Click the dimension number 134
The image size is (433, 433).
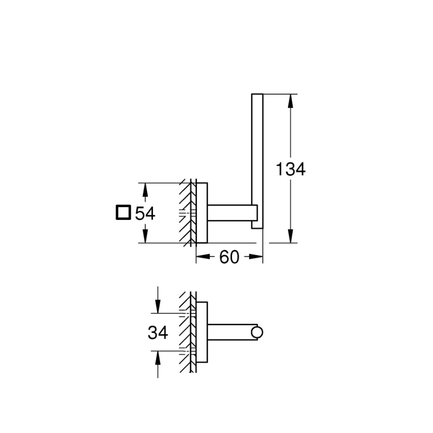pos(291,169)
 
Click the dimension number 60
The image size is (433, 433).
pos(229,257)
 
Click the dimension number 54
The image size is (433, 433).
pos(145,213)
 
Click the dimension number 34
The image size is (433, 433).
pos(158,333)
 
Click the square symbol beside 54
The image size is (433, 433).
pos(123,212)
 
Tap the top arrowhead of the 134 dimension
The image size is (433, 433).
pos(290,101)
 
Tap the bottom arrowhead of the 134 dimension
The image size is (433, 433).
pos(290,236)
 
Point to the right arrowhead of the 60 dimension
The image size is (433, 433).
pos(255,257)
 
